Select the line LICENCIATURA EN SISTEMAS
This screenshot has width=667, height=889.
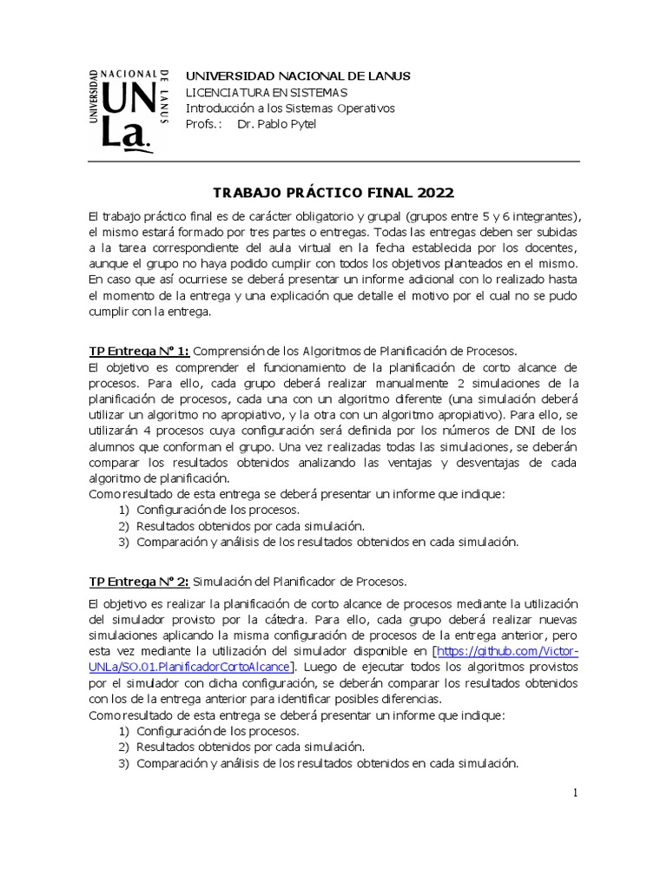click(267, 92)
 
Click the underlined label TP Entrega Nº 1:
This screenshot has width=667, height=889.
click(139, 351)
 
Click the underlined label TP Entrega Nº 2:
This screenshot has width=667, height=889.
click(139, 581)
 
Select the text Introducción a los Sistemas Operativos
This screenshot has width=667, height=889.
click(290, 109)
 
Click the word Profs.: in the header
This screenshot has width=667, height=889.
click(204, 124)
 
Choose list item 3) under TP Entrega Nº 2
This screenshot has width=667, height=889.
click(319, 764)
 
